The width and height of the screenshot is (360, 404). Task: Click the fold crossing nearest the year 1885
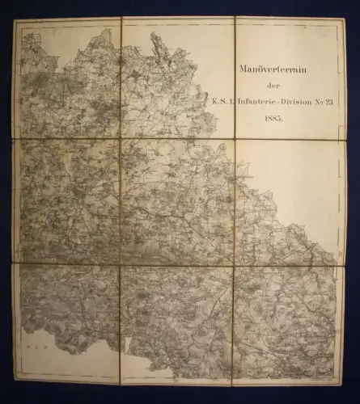(x=235, y=138)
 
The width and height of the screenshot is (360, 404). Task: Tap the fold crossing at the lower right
(x=233, y=266)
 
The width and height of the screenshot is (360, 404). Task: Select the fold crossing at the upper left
(x=121, y=139)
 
